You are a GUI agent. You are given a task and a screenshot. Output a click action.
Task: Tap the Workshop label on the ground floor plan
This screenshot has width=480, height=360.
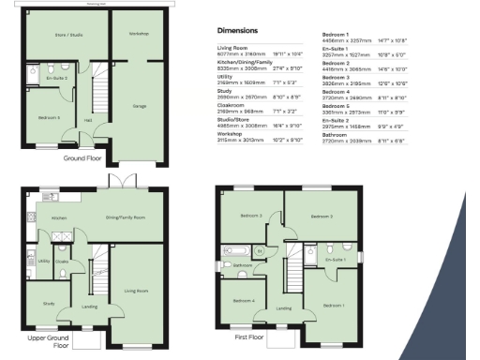pyautogui.click(x=139, y=33)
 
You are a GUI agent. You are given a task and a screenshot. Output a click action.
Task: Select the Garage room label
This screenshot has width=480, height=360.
pyautogui.click(x=139, y=106)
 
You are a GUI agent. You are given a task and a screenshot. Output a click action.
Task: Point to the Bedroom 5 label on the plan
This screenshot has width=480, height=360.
pyautogui.click(x=50, y=117)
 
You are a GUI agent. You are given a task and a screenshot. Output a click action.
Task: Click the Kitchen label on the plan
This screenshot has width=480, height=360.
pyautogui.click(x=58, y=217)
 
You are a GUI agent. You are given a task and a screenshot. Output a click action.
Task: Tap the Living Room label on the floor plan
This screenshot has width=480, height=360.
pyautogui.click(x=137, y=291)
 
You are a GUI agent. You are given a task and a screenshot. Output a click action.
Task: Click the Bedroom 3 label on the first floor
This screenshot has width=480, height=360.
pyautogui.click(x=321, y=217)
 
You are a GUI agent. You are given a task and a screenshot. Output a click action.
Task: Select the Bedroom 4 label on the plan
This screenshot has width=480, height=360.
pyautogui.click(x=247, y=300)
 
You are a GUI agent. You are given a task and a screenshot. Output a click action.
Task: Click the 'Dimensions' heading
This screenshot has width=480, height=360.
pyautogui.click(x=237, y=30)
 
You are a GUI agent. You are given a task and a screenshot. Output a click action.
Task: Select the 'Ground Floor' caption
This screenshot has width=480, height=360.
pyautogui.click(x=82, y=158)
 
